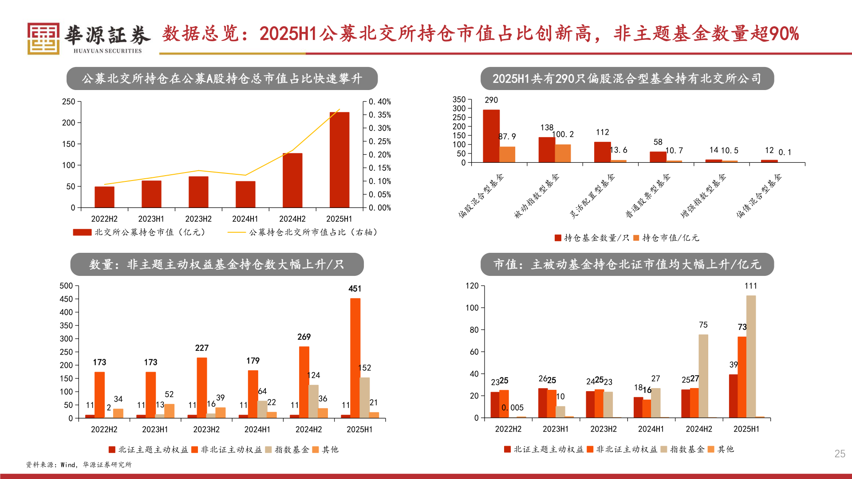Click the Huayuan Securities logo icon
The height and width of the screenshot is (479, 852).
[43, 39]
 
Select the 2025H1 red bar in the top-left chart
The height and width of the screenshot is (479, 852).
[339, 160]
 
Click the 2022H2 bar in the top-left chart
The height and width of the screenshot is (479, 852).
[104, 197]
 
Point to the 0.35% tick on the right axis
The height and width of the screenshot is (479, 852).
[380, 115]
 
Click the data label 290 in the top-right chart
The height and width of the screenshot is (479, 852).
[491, 100]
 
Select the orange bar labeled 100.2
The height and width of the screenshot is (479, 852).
[563, 153]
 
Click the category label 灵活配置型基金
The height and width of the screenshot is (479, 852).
[593, 196]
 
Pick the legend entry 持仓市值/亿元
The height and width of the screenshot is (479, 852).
[667, 238]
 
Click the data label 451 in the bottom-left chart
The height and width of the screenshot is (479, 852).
[355, 289]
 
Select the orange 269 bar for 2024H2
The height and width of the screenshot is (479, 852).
[304, 381]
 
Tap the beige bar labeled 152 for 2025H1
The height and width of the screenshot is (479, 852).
[364, 397]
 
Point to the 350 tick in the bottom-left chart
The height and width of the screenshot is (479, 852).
[66, 326]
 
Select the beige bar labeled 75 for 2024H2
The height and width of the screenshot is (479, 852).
[703, 376]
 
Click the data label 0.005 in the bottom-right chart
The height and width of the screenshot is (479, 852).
[513, 408]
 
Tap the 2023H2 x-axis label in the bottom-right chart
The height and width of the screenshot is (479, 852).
[603, 429]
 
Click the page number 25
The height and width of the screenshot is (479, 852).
[840, 454]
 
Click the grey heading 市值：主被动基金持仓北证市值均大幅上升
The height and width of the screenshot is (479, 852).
[627, 265]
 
